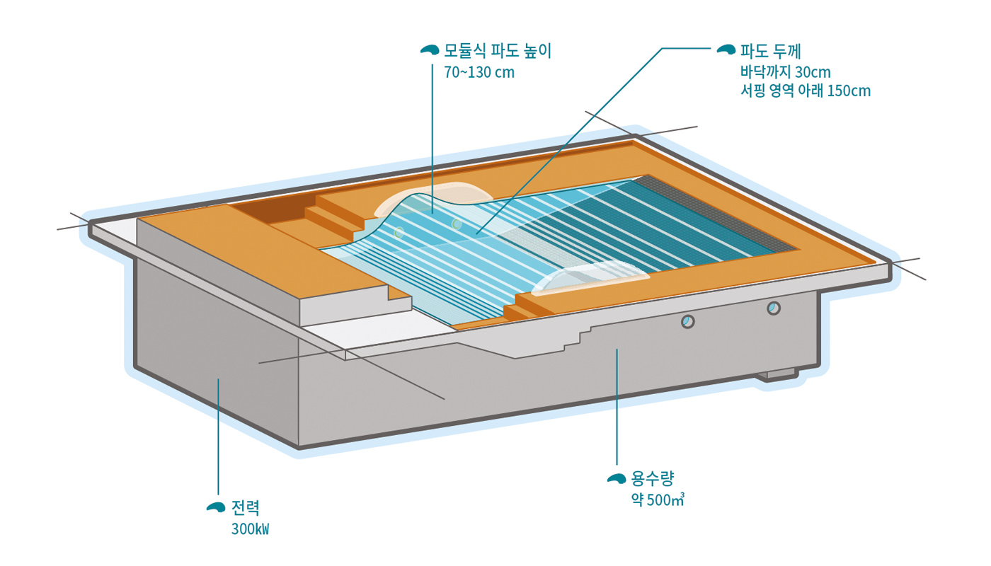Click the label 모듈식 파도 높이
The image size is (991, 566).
tap(497, 51)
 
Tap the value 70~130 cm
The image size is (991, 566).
tap(479, 73)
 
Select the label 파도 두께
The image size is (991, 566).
tap(769, 50)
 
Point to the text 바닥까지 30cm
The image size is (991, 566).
tap(784, 72)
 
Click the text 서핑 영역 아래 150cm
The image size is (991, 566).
tap(805, 91)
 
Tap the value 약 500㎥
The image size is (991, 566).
tap(658, 500)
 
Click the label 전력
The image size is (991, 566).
tap(246, 507)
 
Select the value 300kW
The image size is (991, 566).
tap(250, 529)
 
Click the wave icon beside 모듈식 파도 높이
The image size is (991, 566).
tap(430, 50)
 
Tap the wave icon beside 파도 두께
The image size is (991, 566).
tap(727, 50)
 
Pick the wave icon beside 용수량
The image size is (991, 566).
tap(617, 479)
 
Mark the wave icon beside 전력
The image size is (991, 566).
tap(216, 507)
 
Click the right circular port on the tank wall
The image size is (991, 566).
tap(774, 308)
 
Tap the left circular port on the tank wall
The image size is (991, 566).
tap(687, 322)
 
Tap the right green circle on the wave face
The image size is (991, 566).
tap(457, 224)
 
